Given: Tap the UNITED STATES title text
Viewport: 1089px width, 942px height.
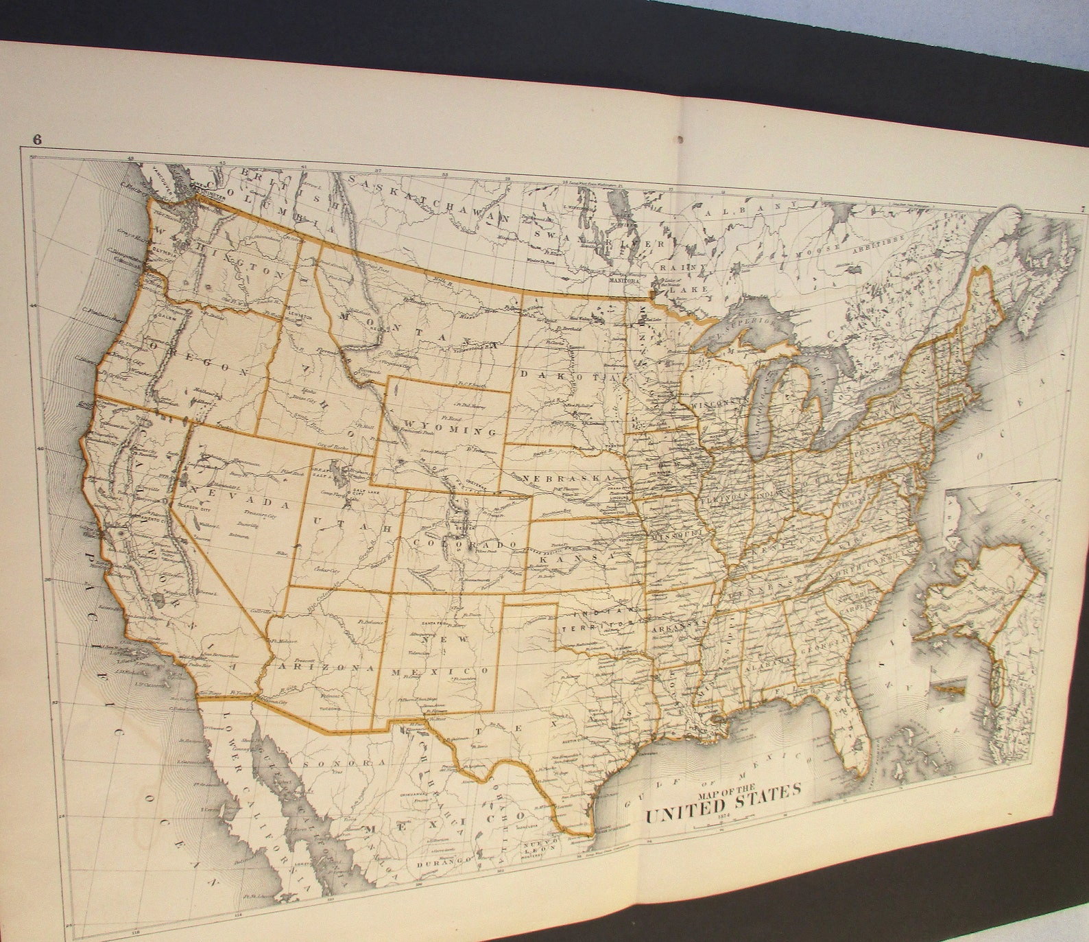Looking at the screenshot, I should (722, 804).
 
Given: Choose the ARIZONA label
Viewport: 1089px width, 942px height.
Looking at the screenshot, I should (325, 667).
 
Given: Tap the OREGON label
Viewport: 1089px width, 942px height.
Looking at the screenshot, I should (199, 358).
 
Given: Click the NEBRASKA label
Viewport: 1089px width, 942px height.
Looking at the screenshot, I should (569, 478).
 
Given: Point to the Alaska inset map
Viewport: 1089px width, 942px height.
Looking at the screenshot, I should (988, 590).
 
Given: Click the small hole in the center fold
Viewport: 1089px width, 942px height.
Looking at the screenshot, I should (680, 139).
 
